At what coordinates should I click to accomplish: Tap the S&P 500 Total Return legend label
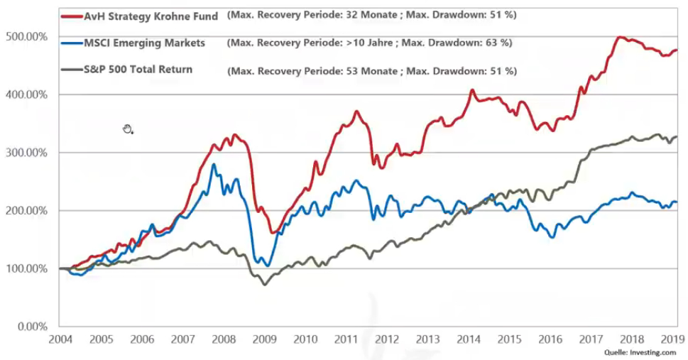pyautogui.click(x=148, y=70)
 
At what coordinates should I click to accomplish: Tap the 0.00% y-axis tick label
pyautogui.click(x=31, y=327)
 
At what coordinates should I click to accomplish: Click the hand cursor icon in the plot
pyautogui.click(x=128, y=129)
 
